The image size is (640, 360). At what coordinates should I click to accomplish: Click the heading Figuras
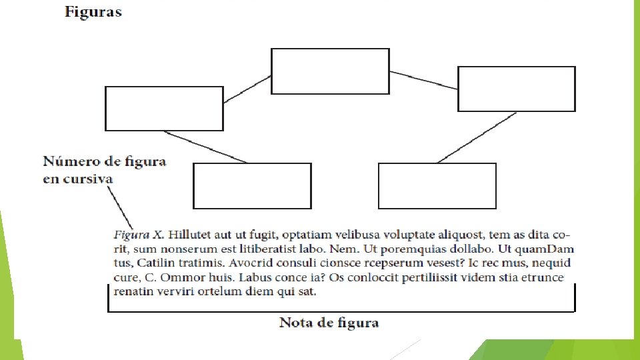click(x=93, y=12)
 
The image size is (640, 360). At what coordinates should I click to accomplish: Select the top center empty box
click(x=330, y=71)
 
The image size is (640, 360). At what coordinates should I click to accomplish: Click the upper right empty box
click(x=516, y=89)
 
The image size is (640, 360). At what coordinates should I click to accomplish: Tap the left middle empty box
click(x=164, y=109)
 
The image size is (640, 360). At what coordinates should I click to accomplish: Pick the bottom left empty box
click(x=252, y=186)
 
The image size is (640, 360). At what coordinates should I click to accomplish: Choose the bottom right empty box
click(x=437, y=186)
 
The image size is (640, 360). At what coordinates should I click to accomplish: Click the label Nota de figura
click(x=329, y=323)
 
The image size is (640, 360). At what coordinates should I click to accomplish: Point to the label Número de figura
click(x=105, y=161)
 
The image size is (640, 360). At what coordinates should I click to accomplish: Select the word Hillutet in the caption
click(x=189, y=235)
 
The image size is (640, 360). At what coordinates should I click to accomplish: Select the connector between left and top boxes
click(x=247, y=89)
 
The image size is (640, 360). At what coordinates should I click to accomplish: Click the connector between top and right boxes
click(x=423, y=79)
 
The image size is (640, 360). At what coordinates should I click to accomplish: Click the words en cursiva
click(x=78, y=179)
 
